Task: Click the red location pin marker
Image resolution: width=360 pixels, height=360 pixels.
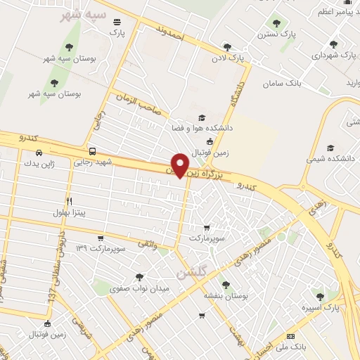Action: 181,165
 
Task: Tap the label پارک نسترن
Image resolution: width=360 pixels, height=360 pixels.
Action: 275,34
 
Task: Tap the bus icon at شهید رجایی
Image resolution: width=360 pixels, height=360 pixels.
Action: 92,150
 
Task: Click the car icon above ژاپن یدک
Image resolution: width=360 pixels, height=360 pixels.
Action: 39,153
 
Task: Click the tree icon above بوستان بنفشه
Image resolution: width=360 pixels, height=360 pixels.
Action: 225,285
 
